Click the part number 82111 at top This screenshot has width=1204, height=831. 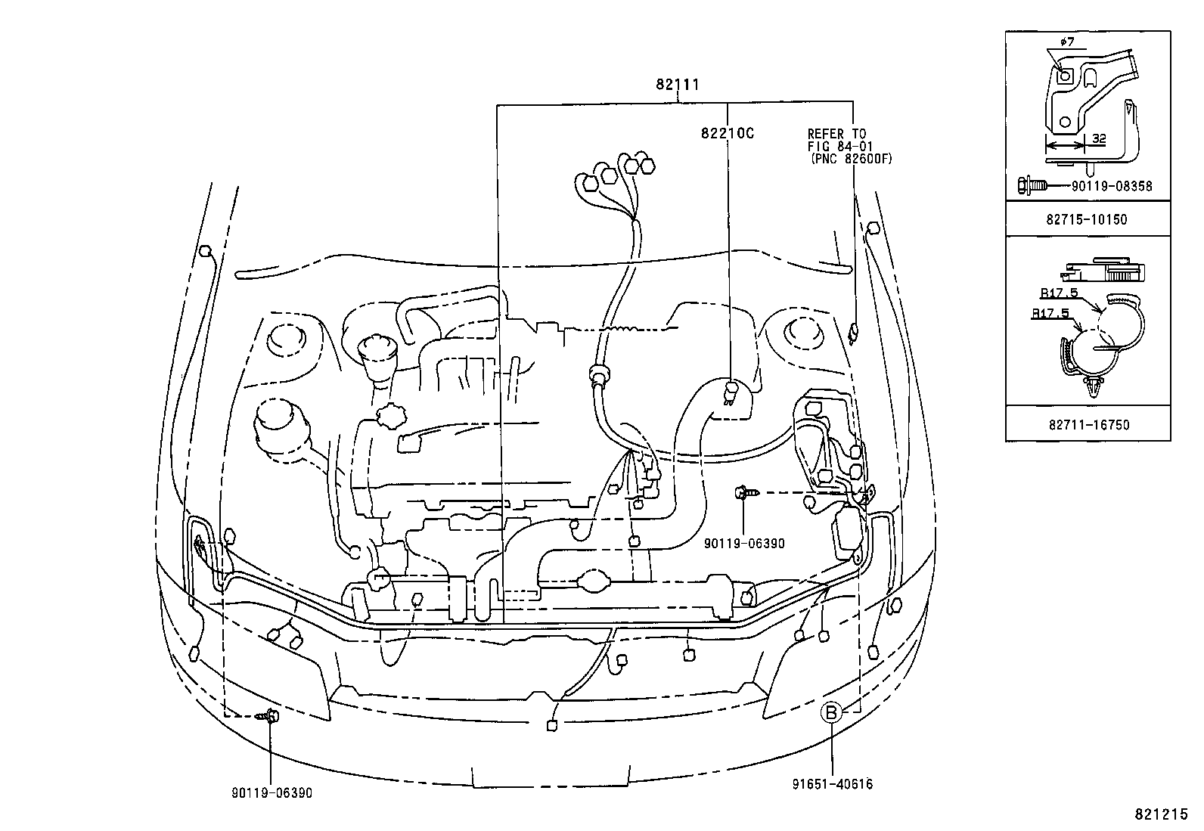point(677,85)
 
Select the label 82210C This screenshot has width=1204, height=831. point(727,134)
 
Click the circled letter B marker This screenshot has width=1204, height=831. point(831,712)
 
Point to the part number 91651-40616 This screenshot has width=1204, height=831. point(833,784)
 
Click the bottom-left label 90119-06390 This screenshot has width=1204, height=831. point(272,793)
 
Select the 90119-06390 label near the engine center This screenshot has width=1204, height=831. point(743,544)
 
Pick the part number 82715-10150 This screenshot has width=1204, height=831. point(1087,220)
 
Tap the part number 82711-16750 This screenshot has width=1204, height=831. point(1088,425)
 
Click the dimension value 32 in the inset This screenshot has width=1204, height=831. point(1099,139)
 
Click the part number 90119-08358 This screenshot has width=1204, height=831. point(1111,185)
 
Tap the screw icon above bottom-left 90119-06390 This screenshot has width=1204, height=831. point(268,715)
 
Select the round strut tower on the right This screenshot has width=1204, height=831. point(799,333)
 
